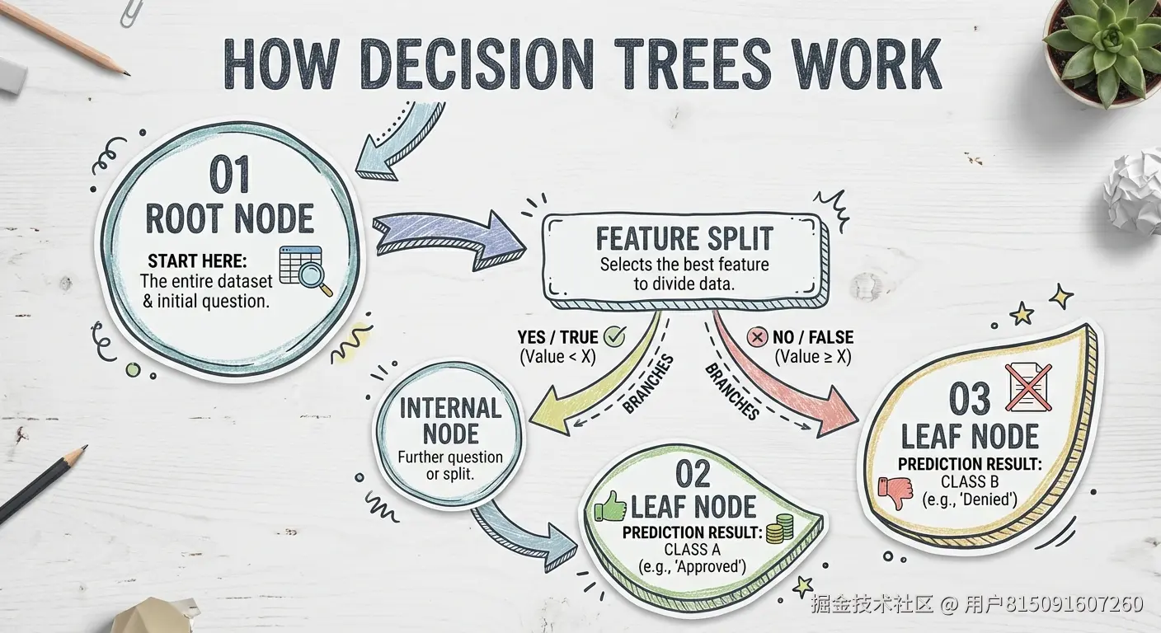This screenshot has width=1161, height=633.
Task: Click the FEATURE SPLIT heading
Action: tap(684, 239)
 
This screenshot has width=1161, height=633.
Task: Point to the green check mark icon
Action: tap(615, 336)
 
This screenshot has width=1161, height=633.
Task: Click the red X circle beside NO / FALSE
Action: tap(756, 337)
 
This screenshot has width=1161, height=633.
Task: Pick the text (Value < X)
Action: tap(557, 358)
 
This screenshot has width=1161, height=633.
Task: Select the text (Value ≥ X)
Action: tap(813, 358)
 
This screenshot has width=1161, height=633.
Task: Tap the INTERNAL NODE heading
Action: tap(450, 420)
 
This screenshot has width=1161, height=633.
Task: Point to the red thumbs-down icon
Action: tap(895, 492)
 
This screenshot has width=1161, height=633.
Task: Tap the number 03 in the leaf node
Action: tap(969, 399)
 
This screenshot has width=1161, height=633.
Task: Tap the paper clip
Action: tap(129, 12)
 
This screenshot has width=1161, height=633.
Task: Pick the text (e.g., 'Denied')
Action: tap(970, 499)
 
